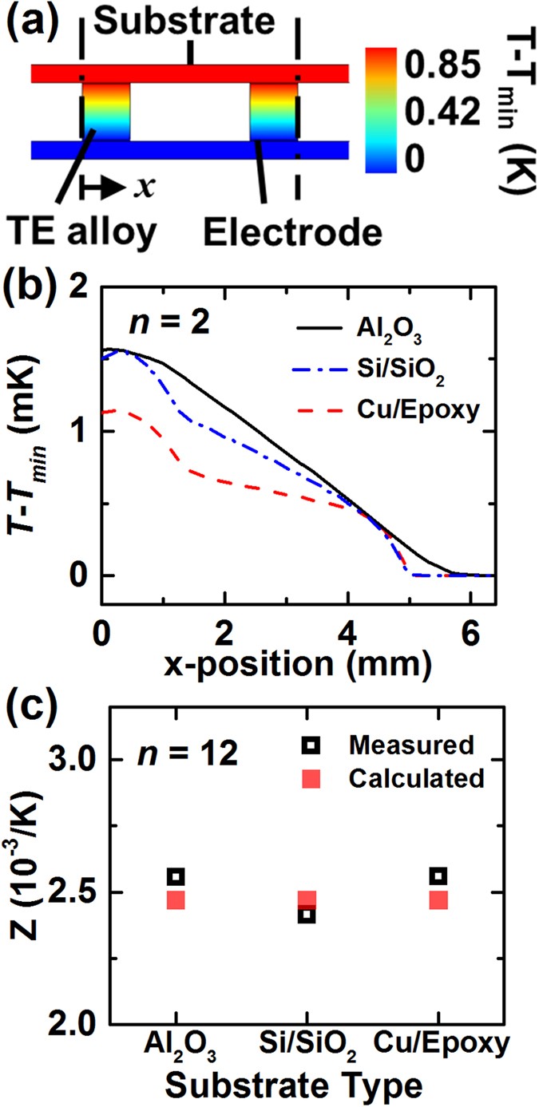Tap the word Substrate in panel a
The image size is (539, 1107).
coord(189,22)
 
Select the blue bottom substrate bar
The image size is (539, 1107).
coord(190,149)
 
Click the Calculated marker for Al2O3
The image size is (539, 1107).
coord(176,900)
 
